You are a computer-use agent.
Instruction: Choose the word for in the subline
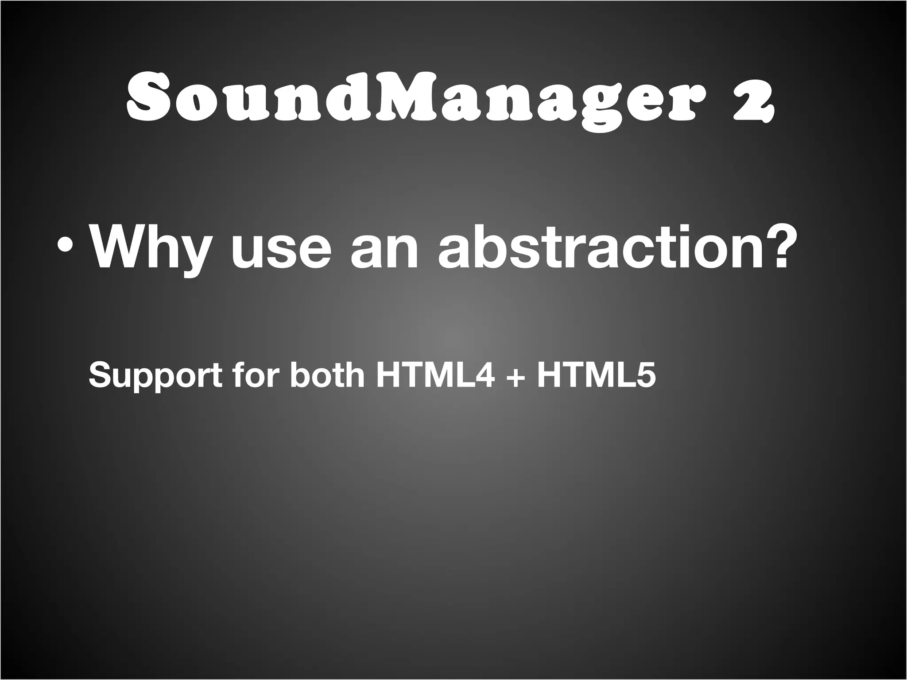point(259,375)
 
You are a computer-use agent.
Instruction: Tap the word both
point(327,375)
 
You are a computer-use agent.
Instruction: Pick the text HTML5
point(596,375)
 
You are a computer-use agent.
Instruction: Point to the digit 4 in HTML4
point(482,375)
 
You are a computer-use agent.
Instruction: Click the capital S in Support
point(100,375)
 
